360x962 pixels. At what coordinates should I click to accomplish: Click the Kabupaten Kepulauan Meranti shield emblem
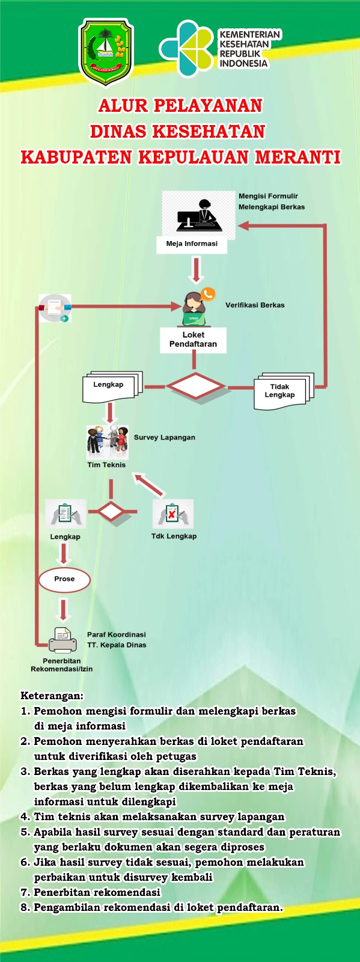click(106, 52)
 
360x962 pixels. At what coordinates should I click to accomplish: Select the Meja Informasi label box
click(191, 244)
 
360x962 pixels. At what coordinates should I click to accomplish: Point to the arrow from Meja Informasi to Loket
click(196, 270)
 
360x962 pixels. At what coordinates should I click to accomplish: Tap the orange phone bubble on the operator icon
click(208, 294)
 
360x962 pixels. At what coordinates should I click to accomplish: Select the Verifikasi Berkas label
click(255, 305)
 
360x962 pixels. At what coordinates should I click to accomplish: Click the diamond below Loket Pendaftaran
click(196, 386)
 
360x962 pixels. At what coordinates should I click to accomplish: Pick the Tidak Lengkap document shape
click(284, 391)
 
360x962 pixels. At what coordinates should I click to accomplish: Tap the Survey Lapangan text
click(164, 438)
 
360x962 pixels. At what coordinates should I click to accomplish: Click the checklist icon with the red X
click(173, 513)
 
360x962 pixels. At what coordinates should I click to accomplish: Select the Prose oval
click(64, 580)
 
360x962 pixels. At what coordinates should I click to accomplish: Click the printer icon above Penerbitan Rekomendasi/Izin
click(63, 640)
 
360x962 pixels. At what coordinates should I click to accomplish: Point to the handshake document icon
click(55, 308)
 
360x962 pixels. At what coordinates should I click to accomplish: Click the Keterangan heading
click(52, 695)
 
